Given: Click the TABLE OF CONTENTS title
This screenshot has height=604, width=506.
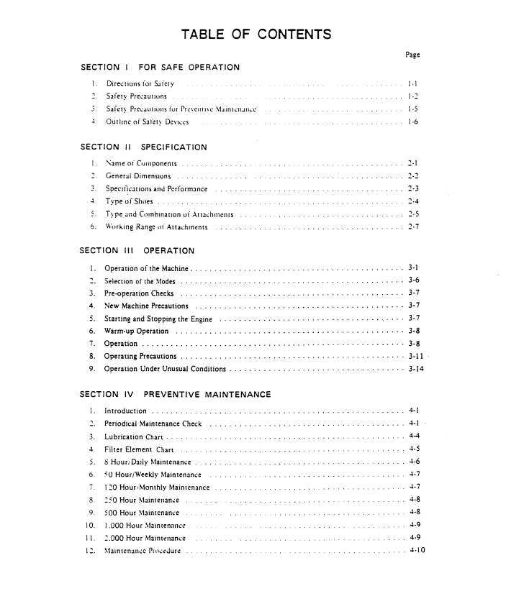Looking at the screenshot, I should pos(256,34).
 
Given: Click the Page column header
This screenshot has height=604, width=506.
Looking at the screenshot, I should pos(412,54).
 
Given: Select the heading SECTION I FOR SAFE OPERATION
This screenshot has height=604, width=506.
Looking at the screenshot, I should pos(160,68).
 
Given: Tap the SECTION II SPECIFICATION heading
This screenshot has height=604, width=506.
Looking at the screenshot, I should pos(143,147).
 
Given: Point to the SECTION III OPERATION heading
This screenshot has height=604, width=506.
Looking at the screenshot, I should pos(137,251).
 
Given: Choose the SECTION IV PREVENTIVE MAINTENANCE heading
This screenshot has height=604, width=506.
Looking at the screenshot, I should pos(176,394).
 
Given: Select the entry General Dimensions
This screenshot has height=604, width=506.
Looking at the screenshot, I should pos(138,176).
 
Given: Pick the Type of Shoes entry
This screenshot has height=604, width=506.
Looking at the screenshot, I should pos(130,201).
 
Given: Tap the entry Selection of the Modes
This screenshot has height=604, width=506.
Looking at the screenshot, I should pos(140,281).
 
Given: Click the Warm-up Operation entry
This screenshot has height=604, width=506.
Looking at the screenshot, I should pos(137,331).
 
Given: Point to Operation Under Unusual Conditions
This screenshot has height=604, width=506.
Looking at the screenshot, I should pos(165,369).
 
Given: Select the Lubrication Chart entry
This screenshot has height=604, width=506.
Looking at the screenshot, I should pos(135,436).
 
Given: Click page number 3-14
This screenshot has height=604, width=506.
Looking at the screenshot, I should pos(415,369).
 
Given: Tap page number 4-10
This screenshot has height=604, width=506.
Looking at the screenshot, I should pos(416,551).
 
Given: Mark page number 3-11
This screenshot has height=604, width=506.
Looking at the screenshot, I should pos(415,356).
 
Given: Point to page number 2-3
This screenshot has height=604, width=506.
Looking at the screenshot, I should pos(413,188).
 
